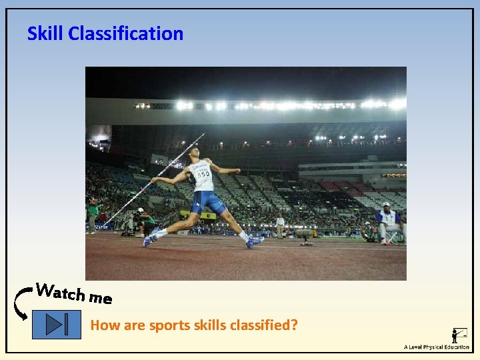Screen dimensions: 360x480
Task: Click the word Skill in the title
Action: pyautogui.click(x=45, y=33)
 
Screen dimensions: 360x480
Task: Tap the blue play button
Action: pyautogui.click(x=57, y=325)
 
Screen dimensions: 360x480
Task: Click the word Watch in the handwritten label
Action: pyautogui.click(x=59, y=291)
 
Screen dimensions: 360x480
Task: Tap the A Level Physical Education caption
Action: pyautogui.click(x=436, y=347)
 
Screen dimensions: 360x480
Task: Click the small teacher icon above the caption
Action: pyautogui.click(x=459, y=335)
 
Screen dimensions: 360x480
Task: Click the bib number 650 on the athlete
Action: pyautogui.click(x=202, y=175)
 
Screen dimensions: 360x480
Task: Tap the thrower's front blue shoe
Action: pyautogui.click(x=254, y=241)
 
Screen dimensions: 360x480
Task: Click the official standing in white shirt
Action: pyautogui.click(x=280, y=225)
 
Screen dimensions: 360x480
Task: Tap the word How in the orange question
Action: pyautogui.click(x=102, y=325)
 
